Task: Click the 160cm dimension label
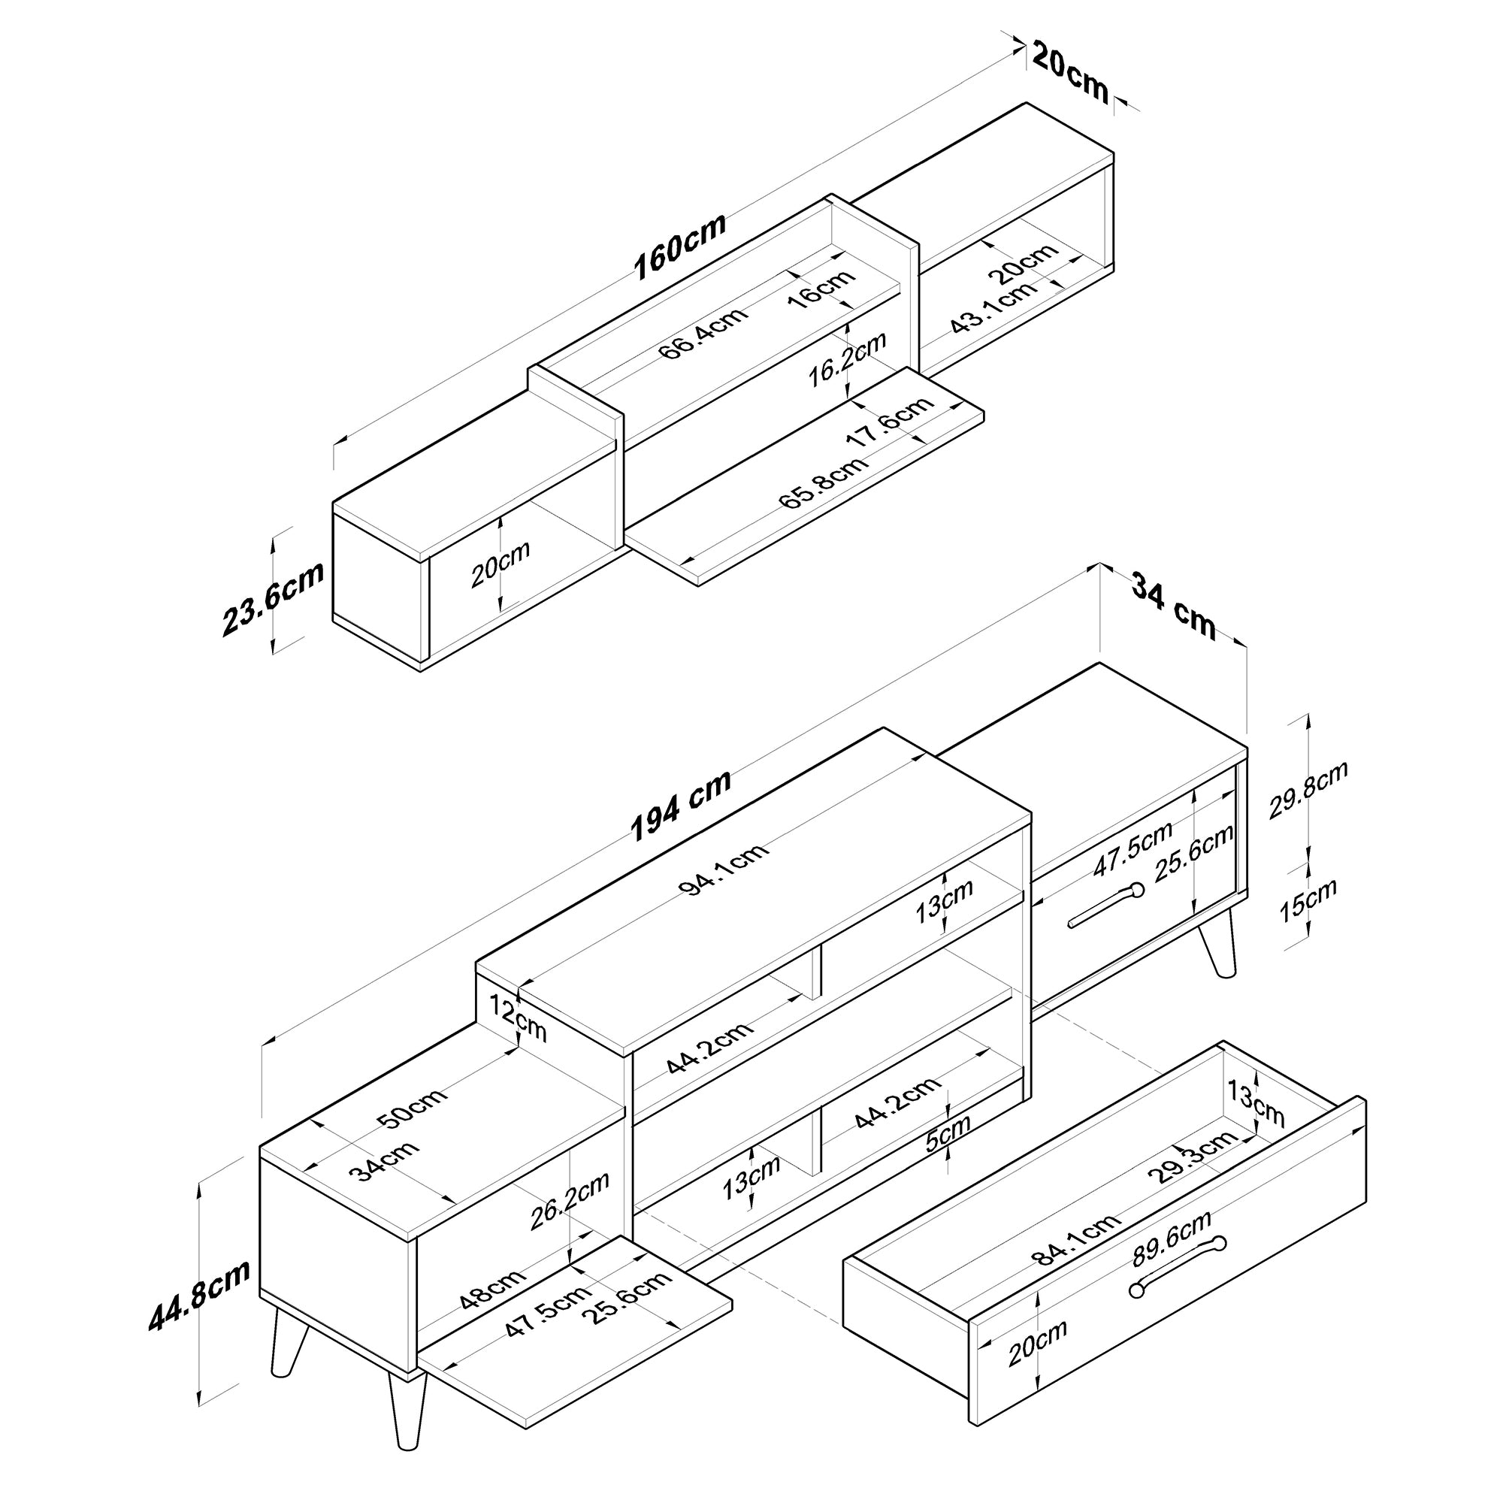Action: point(680,246)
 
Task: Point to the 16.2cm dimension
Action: point(847,359)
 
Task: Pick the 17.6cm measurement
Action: point(889,420)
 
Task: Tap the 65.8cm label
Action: point(824,482)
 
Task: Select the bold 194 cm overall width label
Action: point(681,805)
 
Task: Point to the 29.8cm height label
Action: point(1308,791)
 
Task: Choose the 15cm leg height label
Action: point(1308,900)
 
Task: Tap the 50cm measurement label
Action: point(412,1108)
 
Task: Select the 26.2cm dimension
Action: point(569,1202)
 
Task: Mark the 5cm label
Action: point(948,1135)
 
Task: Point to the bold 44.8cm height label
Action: point(200,1295)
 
